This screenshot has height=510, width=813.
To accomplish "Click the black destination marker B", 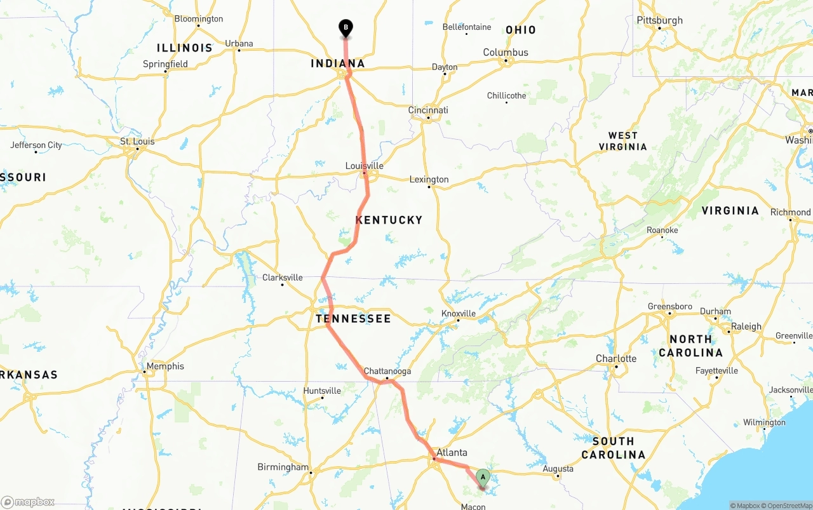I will pos(346,28).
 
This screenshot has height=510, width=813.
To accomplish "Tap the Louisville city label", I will pos(364,166).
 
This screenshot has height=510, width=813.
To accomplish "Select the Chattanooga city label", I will pos(387,371).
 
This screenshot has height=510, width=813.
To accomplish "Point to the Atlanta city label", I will pos(452,453).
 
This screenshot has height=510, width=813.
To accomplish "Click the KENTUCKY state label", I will pos(389,220).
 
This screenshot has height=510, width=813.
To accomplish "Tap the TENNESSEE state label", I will pos(353,318).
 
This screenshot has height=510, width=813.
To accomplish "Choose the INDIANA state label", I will pos(337,64).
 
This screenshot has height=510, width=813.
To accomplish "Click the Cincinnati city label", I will pos(428,110).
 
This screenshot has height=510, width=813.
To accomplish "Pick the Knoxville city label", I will pos(459,313).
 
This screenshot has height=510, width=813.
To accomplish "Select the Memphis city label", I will pos(165,366).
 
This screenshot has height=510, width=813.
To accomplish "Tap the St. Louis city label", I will pos(138,141).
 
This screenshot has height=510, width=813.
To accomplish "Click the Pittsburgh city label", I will pos(659,20).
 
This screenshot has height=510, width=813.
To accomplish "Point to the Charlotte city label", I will pos(615,358).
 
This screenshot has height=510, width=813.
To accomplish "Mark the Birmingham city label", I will pos(283,467).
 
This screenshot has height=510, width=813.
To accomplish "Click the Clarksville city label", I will pos(283,278).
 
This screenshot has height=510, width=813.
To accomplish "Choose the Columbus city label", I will pos(506,52).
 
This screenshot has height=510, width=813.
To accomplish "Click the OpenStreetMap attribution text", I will pos(788,506).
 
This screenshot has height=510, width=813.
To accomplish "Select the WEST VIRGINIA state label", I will pos(622,141).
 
